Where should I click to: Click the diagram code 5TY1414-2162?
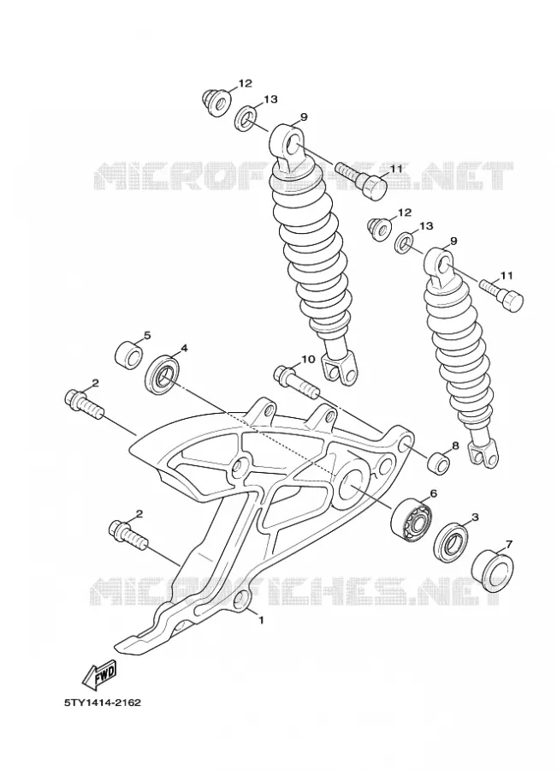(103, 702)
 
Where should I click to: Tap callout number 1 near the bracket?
(261, 620)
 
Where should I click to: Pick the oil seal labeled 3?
(451, 543)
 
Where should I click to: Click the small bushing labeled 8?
(439, 463)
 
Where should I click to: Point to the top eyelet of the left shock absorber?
(290, 141)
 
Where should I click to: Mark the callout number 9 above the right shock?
(453, 241)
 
